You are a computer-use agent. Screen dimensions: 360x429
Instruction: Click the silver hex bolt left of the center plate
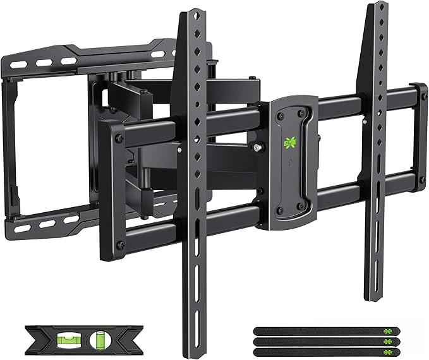pyautogui.click(x=259, y=148)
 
